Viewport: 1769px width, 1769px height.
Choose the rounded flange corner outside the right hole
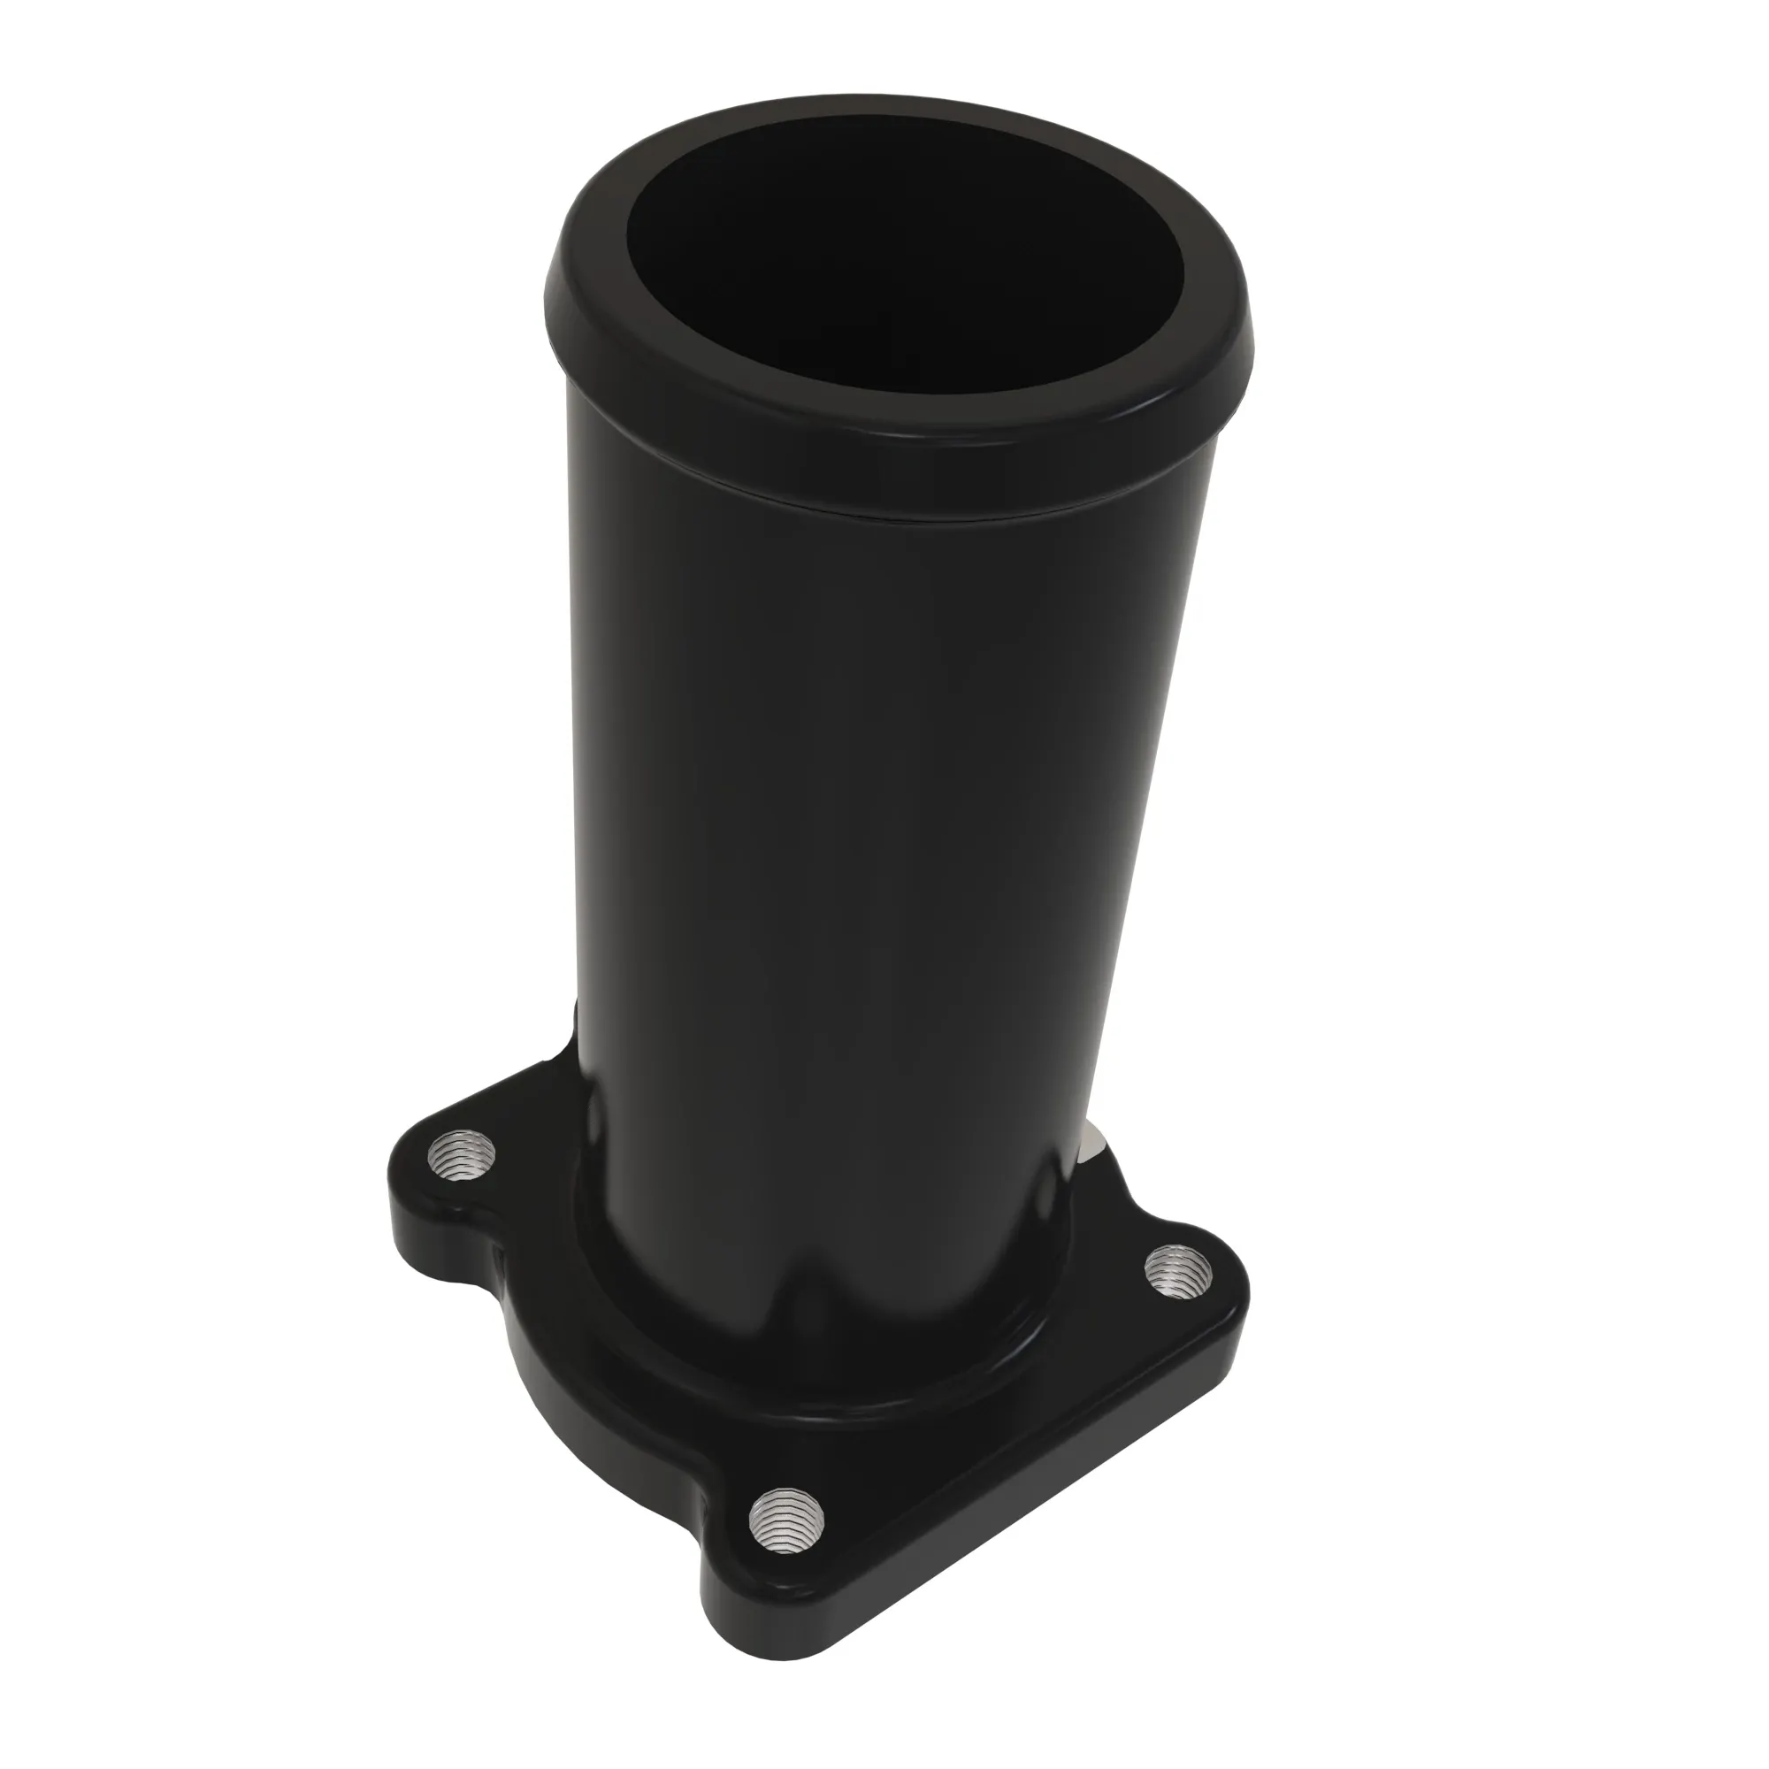tap(1237, 1282)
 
